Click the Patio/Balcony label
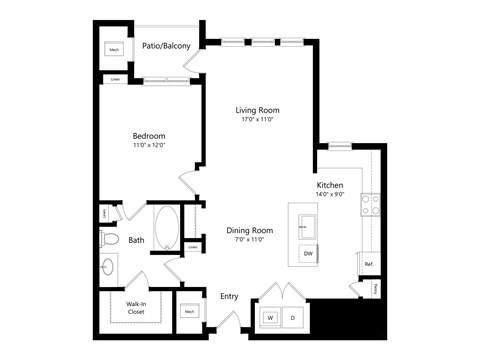tap(166, 45)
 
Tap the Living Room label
tap(257, 110)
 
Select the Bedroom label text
tap(149, 135)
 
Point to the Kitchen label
tap(330, 186)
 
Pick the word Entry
tap(229, 295)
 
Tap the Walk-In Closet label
tap(138, 307)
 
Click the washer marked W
tap(269, 318)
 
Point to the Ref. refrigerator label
tap(368, 264)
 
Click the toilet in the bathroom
tap(109, 239)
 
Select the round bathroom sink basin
tap(109, 267)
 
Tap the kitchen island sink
tap(307, 222)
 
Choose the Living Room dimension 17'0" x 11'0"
tap(257, 120)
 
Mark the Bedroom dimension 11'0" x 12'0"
tap(149, 146)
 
